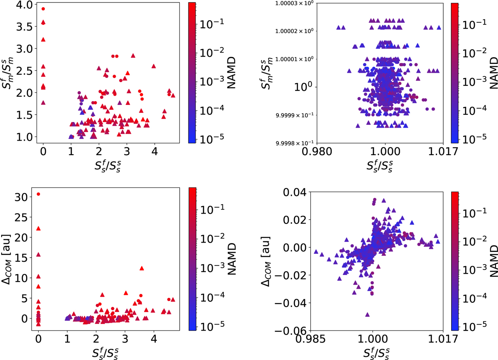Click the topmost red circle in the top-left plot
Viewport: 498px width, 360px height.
click(43, 9)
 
